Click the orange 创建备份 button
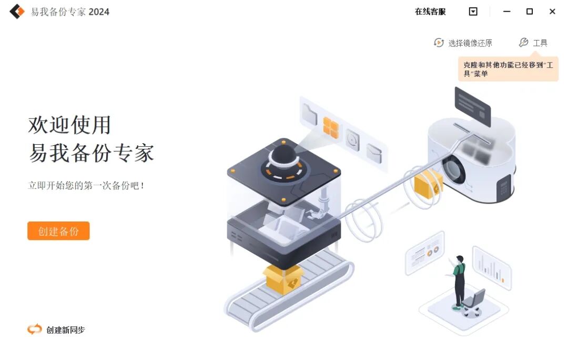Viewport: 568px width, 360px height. [x=58, y=231]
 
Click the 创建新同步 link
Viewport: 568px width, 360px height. [x=56, y=330]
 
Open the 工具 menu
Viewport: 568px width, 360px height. [x=533, y=43]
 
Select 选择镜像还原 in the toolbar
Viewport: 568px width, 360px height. [x=463, y=43]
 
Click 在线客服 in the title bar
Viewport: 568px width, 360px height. [x=430, y=12]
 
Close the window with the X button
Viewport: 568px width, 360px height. [x=552, y=12]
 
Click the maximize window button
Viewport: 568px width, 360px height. [x=530, y=12]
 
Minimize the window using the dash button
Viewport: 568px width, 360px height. [x=506, y=12]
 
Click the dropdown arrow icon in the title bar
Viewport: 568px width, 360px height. [x=473, y=12]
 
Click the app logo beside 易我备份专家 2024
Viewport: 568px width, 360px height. [x=17, y=12]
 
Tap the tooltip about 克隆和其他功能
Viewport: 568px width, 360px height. [x=508, y=69]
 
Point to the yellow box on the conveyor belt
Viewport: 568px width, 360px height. [x=284, y=279]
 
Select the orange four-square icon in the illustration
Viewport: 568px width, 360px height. [x=331, y=127]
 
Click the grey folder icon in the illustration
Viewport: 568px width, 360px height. [x=310, y=114]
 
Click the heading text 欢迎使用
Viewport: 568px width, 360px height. [x=69, y=125]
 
